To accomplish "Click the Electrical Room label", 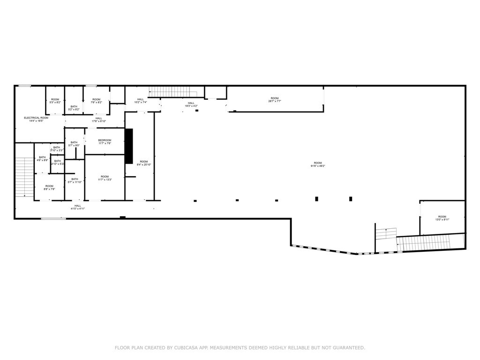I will click(x=36, y=119).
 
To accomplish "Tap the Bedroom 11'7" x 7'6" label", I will click(x=105, y=142).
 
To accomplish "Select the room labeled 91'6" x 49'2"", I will click(x=318, y=164).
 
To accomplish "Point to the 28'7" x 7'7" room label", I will click(x=275, y=99).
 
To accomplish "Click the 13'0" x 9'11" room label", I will click(x=442, y=218).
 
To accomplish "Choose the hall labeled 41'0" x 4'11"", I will click(x=78, y=207).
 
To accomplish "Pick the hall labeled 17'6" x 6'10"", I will click(x=99, y=120).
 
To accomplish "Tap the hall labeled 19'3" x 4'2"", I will click(x=191, y=105).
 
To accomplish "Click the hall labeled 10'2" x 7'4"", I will click(x=141, y=100).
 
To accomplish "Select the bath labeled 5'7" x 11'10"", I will click(x=75, y=180).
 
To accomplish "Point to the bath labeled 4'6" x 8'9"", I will click(x=42, y=159).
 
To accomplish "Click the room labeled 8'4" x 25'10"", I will click(x=144, y=163).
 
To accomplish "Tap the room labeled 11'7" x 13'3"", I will click(x=105, y=178).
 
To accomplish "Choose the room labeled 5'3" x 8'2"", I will click(x=55, y=101).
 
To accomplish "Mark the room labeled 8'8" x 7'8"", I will click(x=49, y=187).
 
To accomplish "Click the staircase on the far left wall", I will click(x=23, y=177).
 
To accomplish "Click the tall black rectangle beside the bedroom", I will click(x=129, y=146).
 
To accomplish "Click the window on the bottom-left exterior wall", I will click(x=53, y=218).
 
